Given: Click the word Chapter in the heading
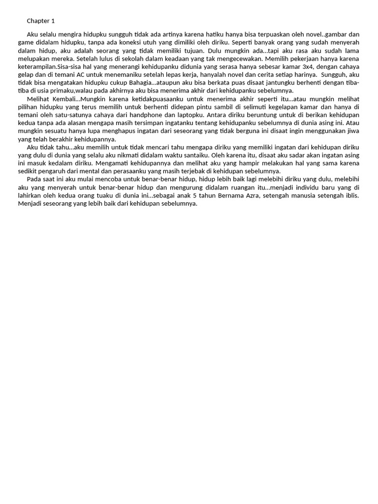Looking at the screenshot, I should (x=37, y=21).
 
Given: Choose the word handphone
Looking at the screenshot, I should (x=166, y=115).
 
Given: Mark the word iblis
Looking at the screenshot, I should (x=351, y=195).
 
